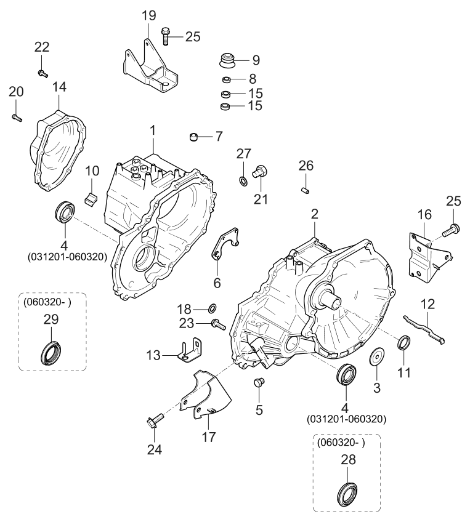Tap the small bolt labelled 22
pyautogui.click(x=43, y=73)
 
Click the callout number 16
pyautogui.click(x=425, y=215)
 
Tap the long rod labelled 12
pyautogui.click(x=424, y=327)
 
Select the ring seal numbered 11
pyautogui.click(x=404, y=342)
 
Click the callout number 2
pyautogui.click(x=315, y=214)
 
